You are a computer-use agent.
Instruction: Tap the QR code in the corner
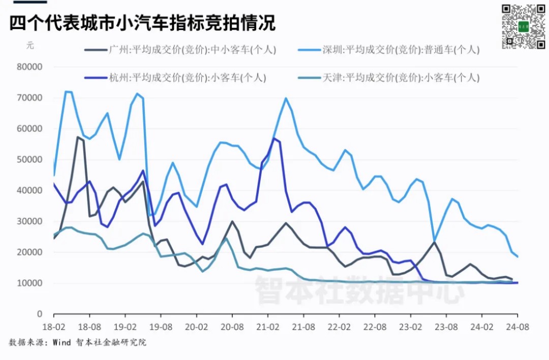pyautogui.click(x=523, y=26)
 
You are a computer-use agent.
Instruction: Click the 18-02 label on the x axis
pyautogui.click(x=53, y=328)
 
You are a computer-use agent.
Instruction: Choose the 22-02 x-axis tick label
pyautogui.click(x=339, y=328)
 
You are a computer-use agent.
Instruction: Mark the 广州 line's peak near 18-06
pyautogui.click(x=78, y=137)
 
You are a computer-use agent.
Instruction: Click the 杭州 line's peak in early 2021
pyautogui.click(x=274, y=138)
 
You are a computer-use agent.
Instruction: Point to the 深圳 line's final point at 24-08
pyautogui.click(x=517, y=257)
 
